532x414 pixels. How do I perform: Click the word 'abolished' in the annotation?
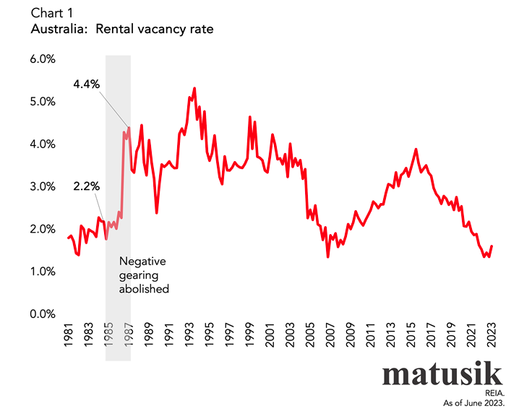click(x=144, y=288)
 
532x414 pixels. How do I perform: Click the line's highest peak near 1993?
click(x=194, y=88)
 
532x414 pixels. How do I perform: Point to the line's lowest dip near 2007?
click(x=327, y=256)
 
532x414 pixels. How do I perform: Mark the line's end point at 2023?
click(x=492, y=246)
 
